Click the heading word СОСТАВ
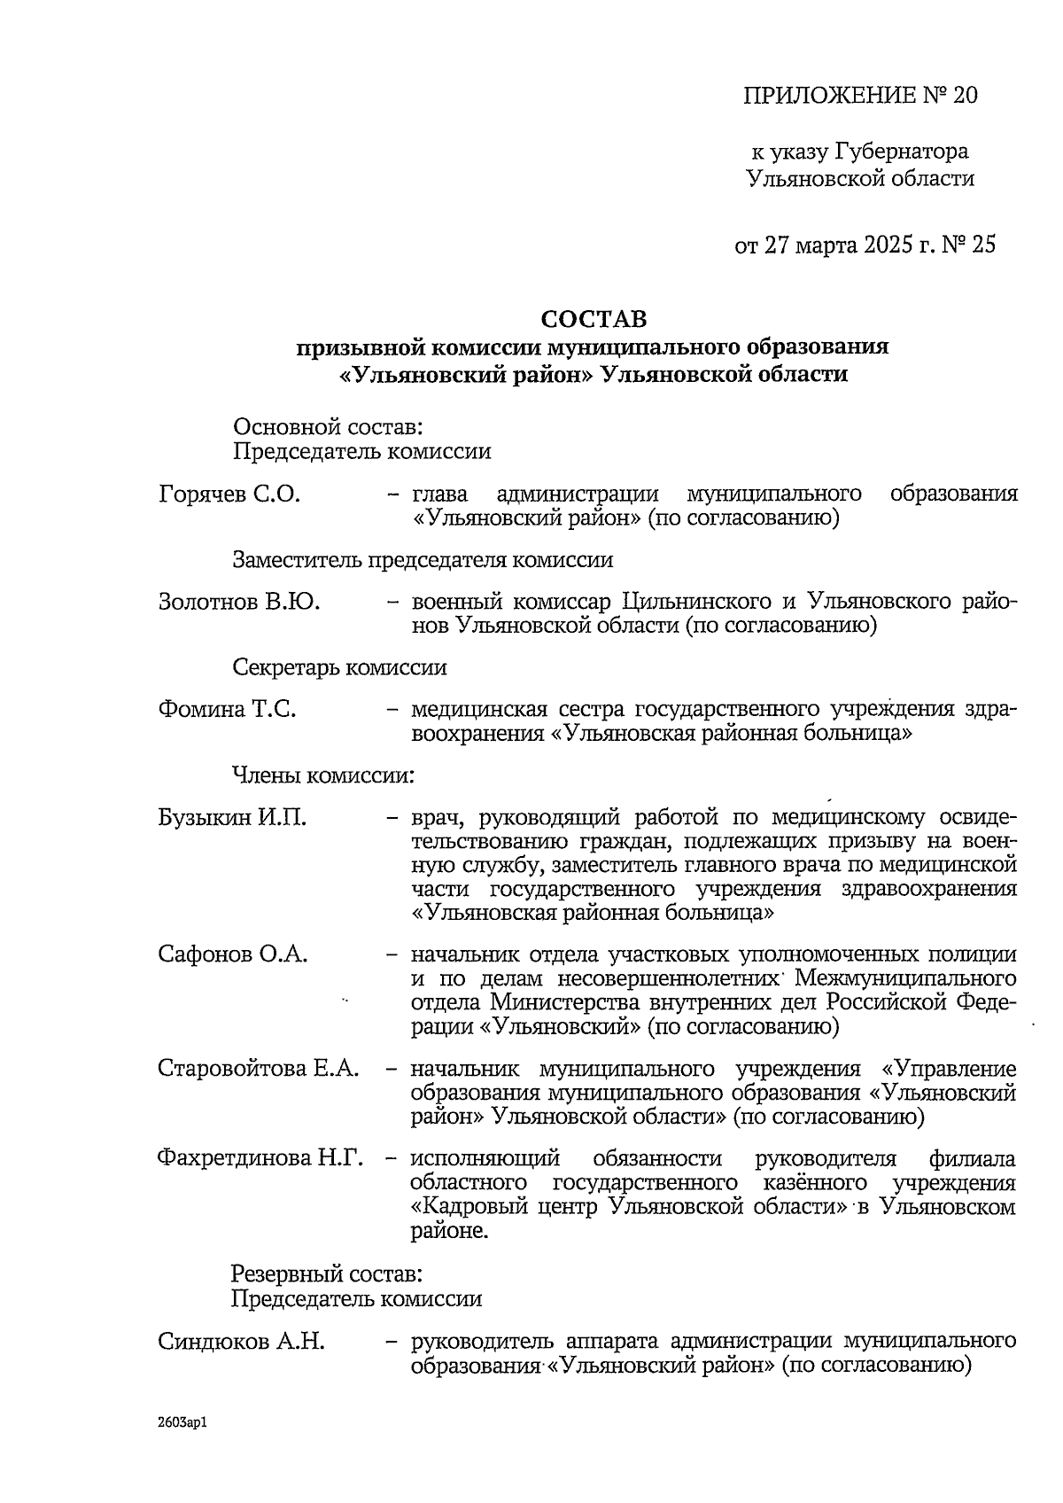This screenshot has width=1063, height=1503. tap(594, 318)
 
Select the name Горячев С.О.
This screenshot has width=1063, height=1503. tap(229, 495)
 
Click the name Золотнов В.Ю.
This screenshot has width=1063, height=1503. tap(239, 603)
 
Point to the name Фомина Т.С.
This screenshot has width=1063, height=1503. tap(227, 710)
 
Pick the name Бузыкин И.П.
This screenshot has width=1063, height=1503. tap(233, 817)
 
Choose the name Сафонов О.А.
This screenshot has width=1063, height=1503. tap(233, 954)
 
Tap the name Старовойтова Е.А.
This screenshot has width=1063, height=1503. tap(259, 1068)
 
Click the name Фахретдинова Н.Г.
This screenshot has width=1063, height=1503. tap(260, 1158)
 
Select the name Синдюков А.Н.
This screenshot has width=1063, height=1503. tap(241, 1342)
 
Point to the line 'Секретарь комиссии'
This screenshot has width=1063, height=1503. tap(339, 667)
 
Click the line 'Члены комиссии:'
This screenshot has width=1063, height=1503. tap(323, 775)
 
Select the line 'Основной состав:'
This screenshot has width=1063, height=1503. tap(327, 428)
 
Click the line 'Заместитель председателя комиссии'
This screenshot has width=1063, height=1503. tap(423, 560)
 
